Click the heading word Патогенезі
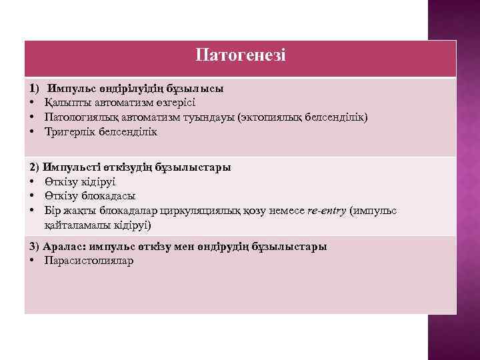click(241, 55)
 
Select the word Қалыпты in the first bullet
click(63, 103)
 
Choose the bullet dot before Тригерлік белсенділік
click(32, 132)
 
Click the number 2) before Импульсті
click(35, 167)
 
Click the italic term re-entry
click(327, 211)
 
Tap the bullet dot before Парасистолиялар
click(32, 261)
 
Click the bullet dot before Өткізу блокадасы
click(32, 196)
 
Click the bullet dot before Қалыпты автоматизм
click(32, 103)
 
